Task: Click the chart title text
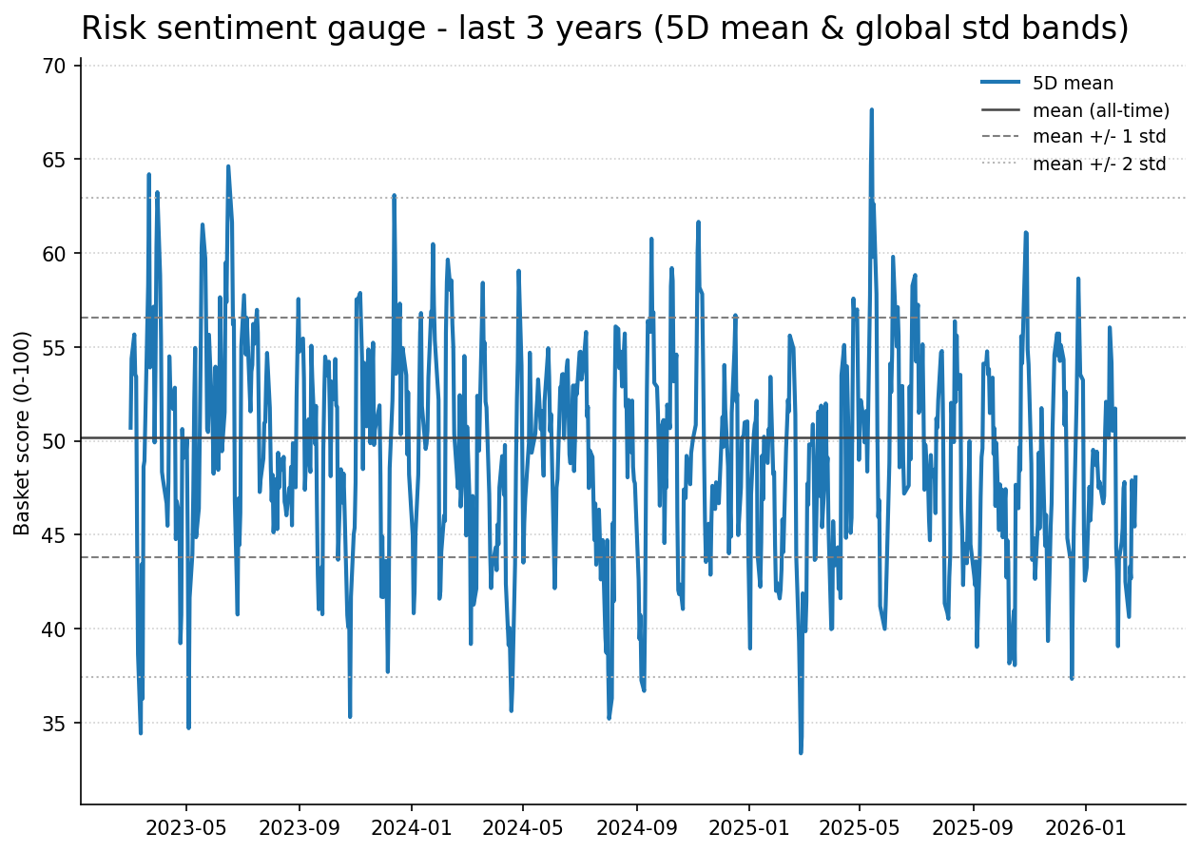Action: (605, 29)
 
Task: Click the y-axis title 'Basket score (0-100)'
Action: (23, 433)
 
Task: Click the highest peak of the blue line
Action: (871, 110)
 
